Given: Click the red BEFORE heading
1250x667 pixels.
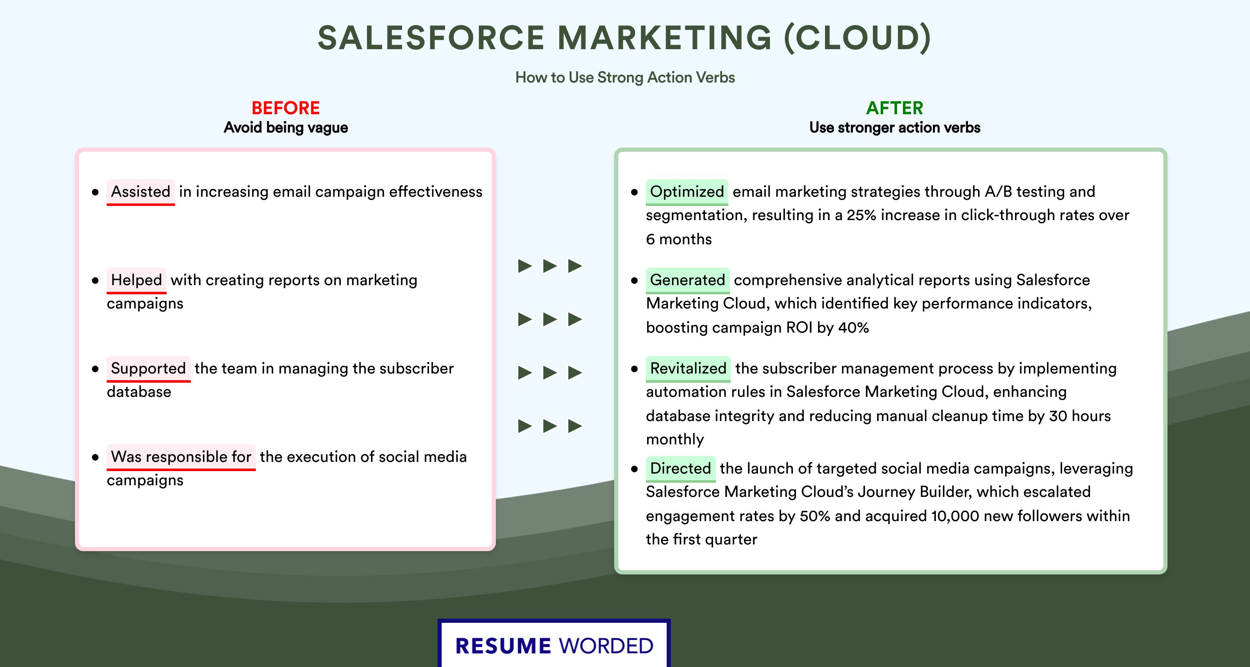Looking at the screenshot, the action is click(x=285, y=108).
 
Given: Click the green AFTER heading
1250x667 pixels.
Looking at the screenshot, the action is click(x=894, y=108).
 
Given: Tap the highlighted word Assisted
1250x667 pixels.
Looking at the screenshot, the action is click(x=141, y=192).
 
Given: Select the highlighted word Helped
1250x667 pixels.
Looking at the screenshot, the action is click(x=136, y=280).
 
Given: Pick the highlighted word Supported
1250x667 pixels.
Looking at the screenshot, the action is click(x=148, y=369).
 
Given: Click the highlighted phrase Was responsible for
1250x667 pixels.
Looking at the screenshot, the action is click(x=181, y=457).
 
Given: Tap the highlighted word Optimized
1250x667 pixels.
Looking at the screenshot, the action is click(x=687, y=192).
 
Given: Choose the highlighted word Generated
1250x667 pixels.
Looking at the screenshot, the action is click(x=687, y=280).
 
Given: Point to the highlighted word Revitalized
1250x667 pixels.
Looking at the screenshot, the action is click(x=688, y=369).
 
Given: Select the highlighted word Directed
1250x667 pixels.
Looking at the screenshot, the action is click(x=680, y=469).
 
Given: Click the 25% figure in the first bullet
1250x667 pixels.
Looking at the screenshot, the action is click(x=861, y=215).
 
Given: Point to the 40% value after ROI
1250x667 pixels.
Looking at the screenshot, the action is click(x=854, y=328).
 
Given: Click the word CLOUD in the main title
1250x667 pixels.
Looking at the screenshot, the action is click(x=858, y=38).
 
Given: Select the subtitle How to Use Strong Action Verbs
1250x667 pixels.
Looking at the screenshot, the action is click(x=625, y=77).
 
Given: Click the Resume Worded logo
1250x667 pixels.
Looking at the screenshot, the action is click(x=554, y=644).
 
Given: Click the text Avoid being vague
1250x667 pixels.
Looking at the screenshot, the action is click(x=286, y=128).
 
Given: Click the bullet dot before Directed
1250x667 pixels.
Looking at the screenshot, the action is click(x=634, y=469).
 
